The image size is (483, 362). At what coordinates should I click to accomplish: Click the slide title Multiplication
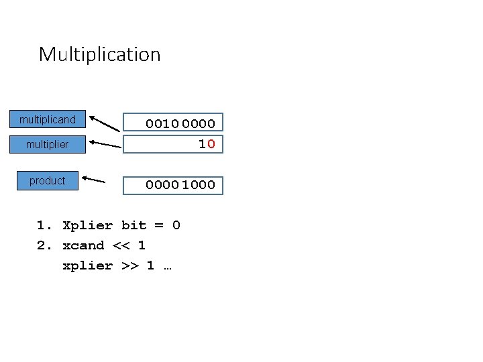click(x=99, y=54)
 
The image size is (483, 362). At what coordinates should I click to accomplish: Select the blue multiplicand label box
click(x=48, y=121)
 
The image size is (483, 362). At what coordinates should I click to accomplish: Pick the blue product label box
click(x=48, y=181)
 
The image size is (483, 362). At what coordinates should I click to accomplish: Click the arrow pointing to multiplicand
click(x=105, y=125)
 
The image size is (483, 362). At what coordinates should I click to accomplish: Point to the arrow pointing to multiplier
click(x=105, y=143)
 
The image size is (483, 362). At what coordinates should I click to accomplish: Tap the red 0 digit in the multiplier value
click(x=211, y=143)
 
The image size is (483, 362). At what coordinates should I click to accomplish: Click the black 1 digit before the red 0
click(x=201, y=143)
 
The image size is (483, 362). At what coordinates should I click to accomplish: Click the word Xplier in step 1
click(x=87, y=225)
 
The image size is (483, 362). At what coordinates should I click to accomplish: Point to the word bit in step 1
click(x=133, y=225)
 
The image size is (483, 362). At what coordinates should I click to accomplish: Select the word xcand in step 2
click(x=83, y=245)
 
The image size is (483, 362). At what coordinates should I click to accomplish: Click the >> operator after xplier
click(x=129, y=265)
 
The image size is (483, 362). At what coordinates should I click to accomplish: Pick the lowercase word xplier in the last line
click(x=87, y=265)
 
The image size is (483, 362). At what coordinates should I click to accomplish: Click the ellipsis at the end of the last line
click(x=167, y=266)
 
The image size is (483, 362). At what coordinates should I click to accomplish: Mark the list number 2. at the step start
click(x=44, y=245)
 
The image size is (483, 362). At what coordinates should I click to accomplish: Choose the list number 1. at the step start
click(x=44, y=225)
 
